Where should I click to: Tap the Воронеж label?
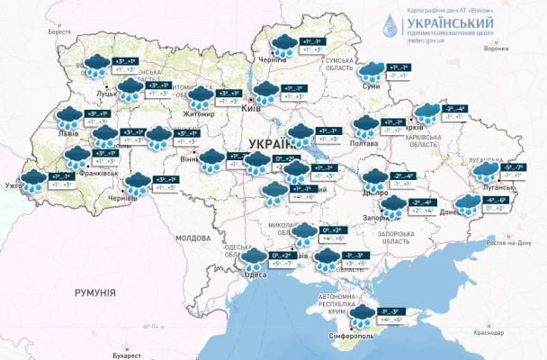pyautogui.click(x=495, y=49)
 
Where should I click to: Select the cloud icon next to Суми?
pyautogui.click(x=370, y=71)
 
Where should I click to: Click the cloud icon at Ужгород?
pyautogui.click(x=33, y=179)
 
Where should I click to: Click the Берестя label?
pyautogui.click(x=58, y=31)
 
